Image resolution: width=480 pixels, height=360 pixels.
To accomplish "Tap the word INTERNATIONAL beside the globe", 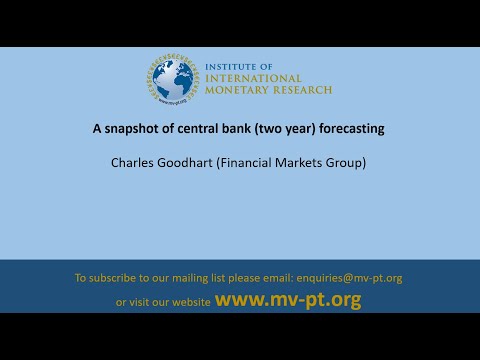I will point(252,78).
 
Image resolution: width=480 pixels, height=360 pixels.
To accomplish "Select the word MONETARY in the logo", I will point(235,90).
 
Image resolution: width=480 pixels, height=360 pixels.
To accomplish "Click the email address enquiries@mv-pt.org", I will point(347,277).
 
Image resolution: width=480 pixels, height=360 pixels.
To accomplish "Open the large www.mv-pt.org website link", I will point(288,300).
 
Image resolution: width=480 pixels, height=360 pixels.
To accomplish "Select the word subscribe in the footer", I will point(118,277).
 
